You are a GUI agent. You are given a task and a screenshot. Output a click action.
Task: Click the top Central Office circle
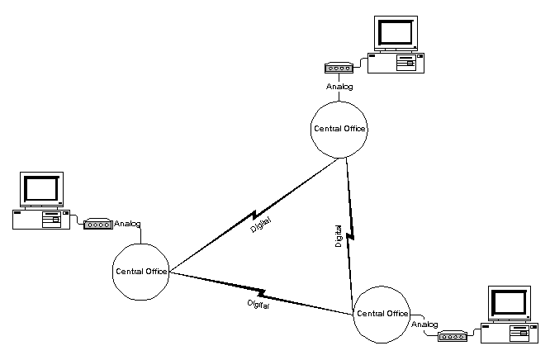[x=339, y=129]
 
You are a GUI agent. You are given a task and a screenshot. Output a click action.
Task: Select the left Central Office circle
[x=140, y=271]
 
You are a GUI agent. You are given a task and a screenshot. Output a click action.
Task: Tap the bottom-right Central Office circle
[x=382, y=314]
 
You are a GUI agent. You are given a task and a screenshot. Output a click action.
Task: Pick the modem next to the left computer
[x=97, y=224]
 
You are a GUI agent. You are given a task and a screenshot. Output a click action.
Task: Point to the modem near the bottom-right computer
[x=453, y=336]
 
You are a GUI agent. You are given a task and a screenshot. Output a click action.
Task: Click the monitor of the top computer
[x=396, y=32]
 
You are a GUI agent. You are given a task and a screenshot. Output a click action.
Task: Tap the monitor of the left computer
[x=42, y=189]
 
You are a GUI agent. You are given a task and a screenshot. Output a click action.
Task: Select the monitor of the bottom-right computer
[x=508, y=304]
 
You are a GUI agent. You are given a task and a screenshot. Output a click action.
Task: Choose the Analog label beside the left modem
[x=127, y=223]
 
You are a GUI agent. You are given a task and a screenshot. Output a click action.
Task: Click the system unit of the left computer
[x=40, y=219]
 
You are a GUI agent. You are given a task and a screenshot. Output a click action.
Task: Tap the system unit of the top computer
[x=396, y=62]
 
